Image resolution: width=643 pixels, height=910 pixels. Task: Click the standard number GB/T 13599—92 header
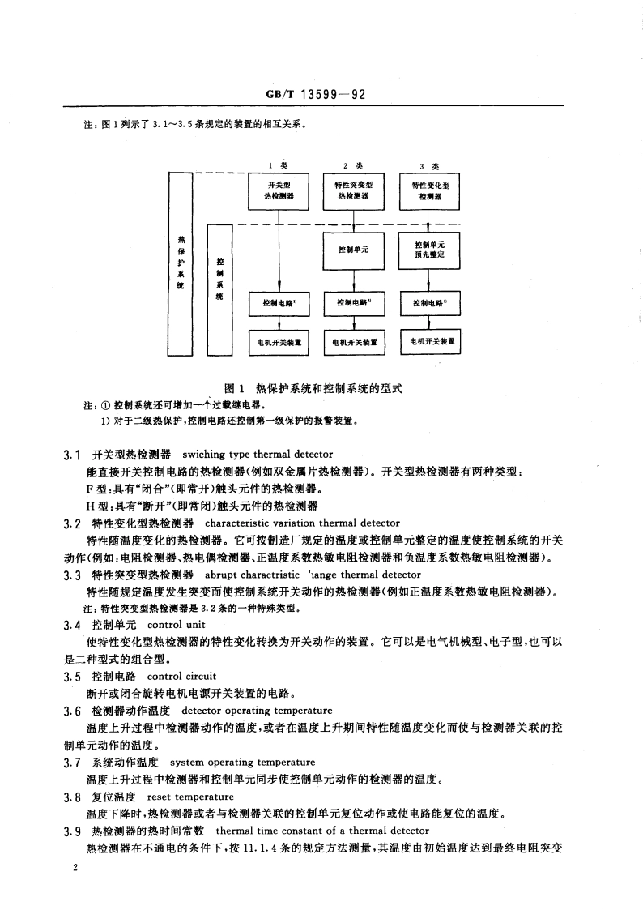(x=316, y=94)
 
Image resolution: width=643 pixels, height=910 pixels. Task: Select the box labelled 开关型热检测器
(x=279, y=190)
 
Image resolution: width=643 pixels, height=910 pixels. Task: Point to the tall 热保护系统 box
(x=180, y=262)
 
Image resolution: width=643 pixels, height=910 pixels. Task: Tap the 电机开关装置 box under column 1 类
(x=279, y=342)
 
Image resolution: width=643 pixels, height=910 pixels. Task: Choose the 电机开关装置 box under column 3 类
(x=432, y=341)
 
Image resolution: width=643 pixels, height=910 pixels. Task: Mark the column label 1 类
(x=280, y=165)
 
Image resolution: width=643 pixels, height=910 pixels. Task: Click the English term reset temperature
(x=179, y=797)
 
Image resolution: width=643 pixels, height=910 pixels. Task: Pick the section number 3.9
(x=74, y=831)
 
